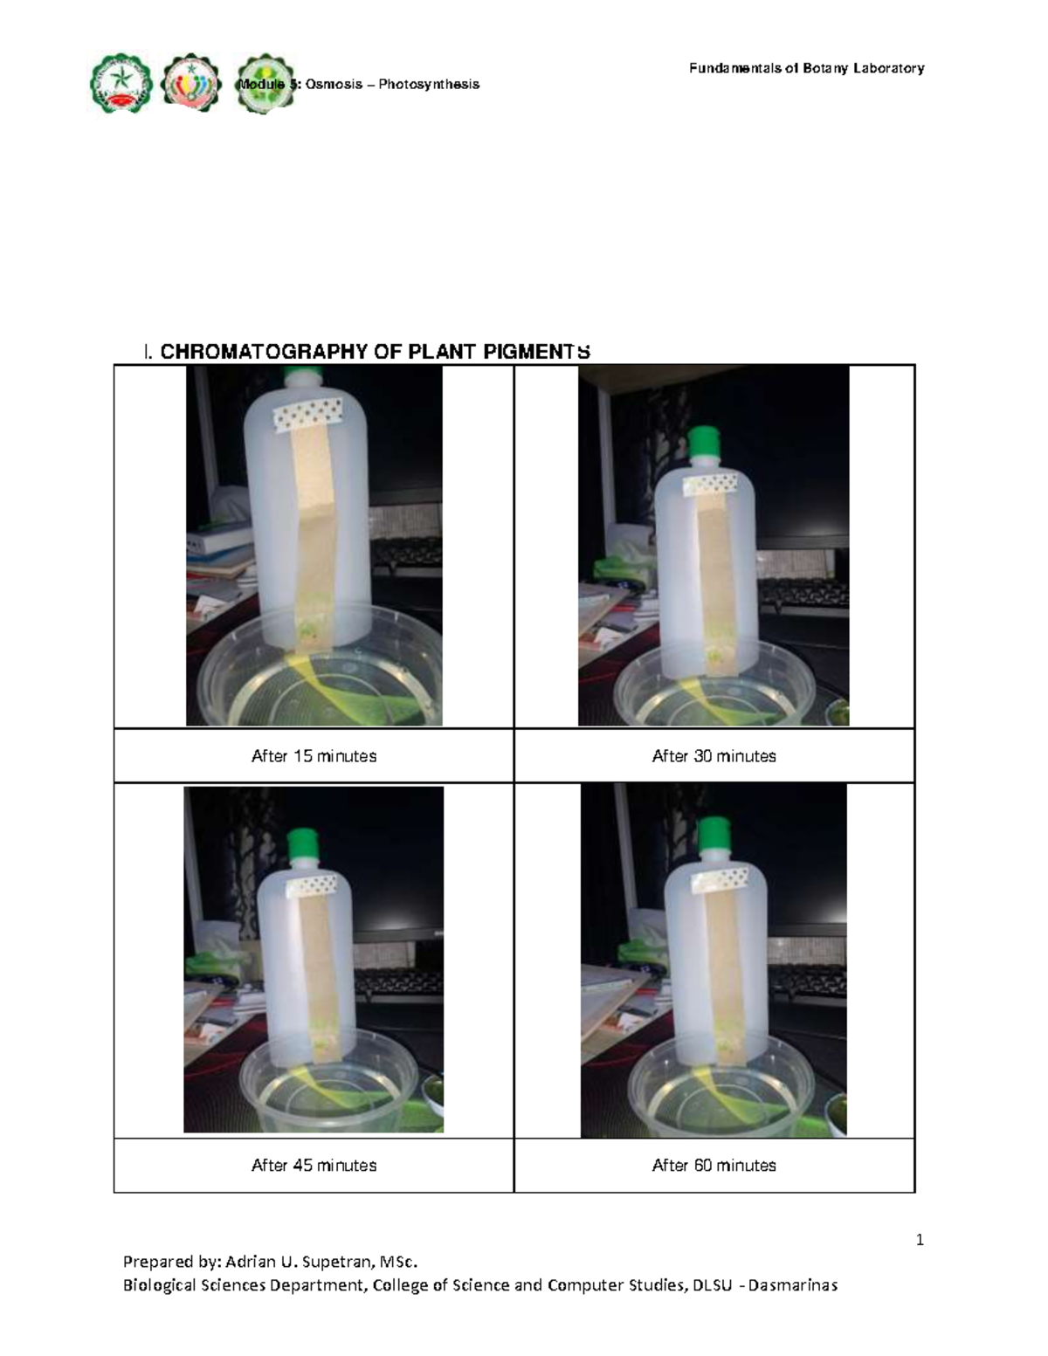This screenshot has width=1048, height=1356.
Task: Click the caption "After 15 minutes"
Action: click(x=314, y=756)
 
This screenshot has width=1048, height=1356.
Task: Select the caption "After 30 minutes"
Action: click(x=714, y=756)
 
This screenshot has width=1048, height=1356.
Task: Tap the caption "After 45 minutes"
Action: click(x=314, y=1166)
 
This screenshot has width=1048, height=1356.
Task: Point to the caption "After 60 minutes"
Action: click(x=714, y=1166)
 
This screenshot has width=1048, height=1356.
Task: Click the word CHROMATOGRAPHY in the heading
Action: click(x=263, y=352)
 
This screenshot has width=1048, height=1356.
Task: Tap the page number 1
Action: click(x=920, y=1240)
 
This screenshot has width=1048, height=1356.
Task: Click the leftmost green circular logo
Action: click(x=121, y=84)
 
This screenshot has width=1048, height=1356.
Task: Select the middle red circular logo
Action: click(x=191, y=84)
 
